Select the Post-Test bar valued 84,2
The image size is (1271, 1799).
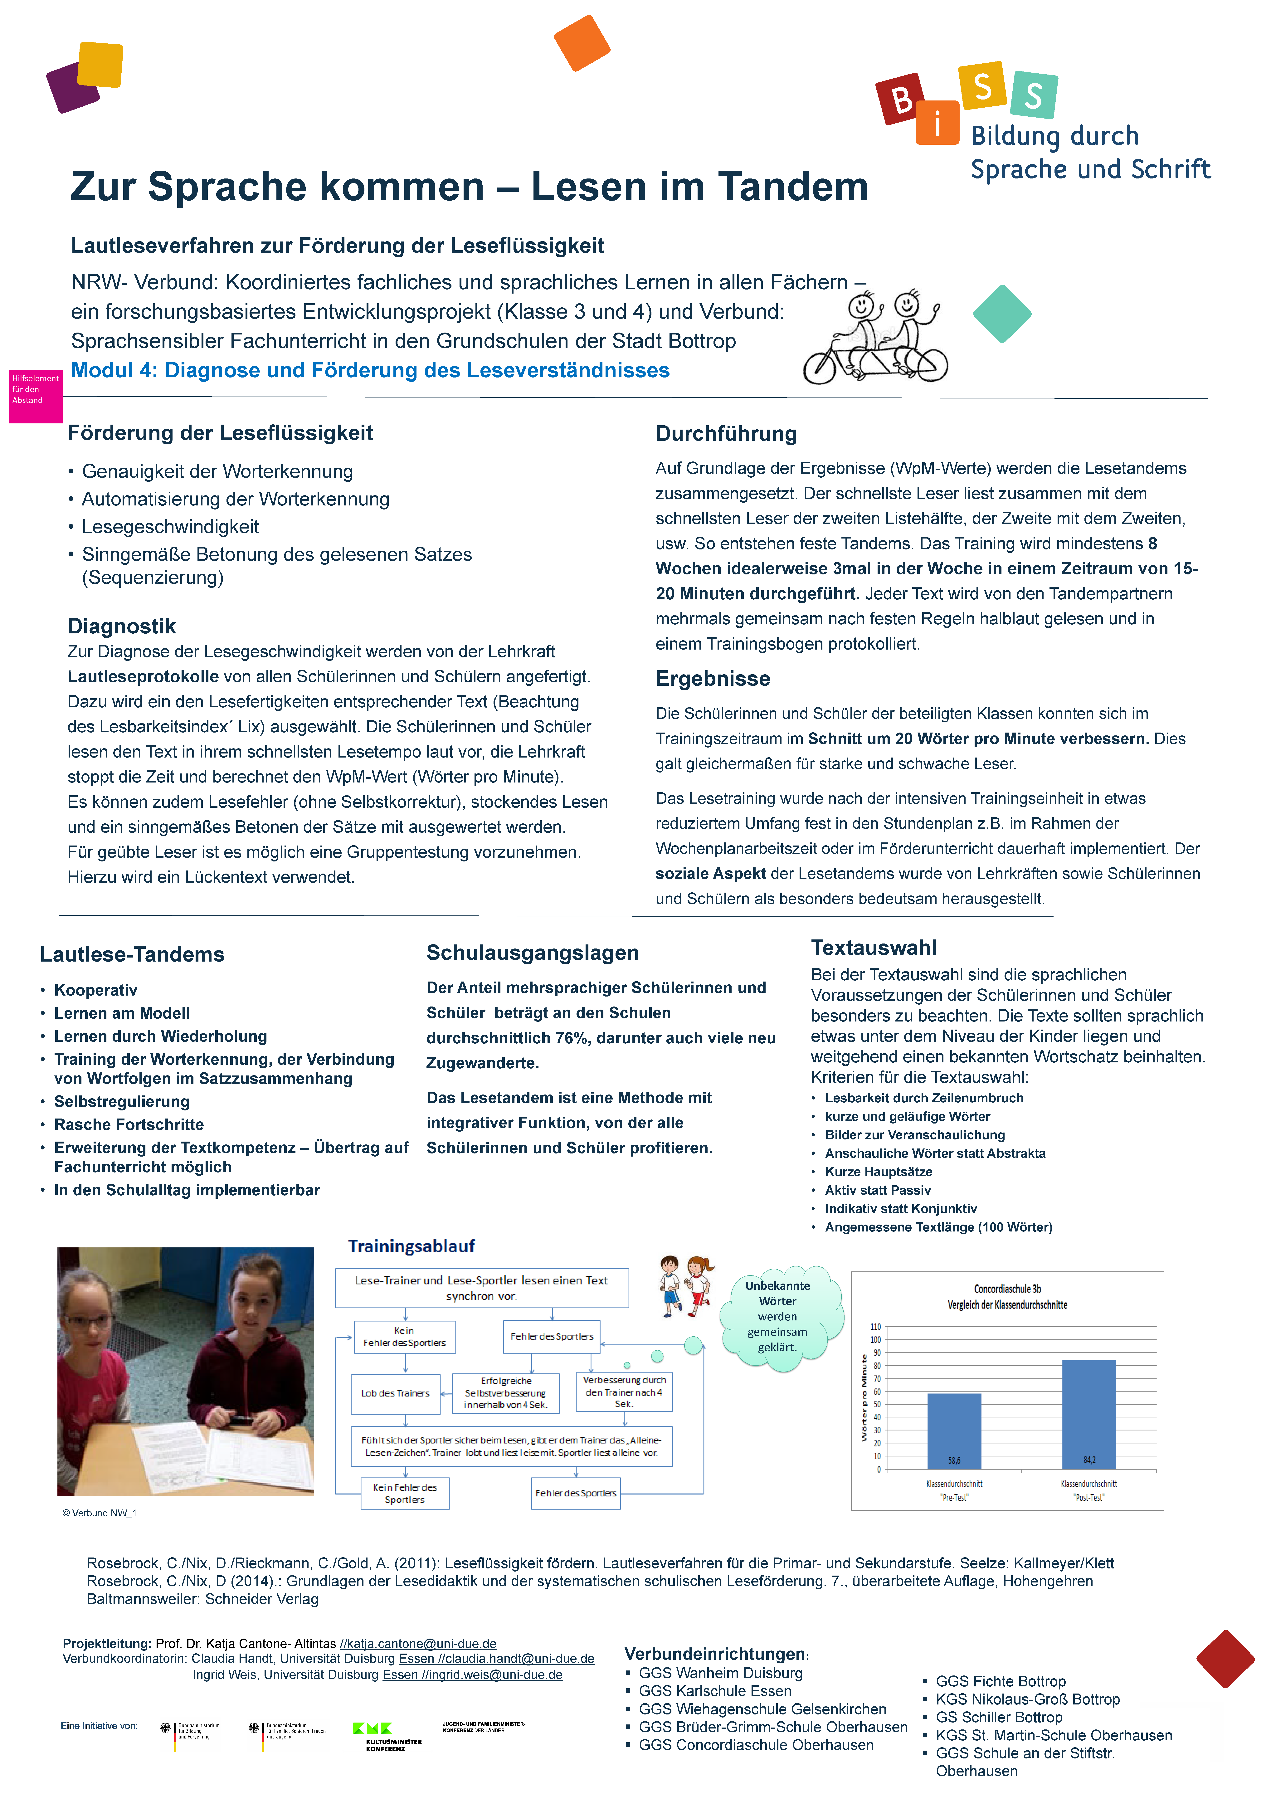point(1088,1414)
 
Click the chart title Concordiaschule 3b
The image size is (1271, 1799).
point(1007,1289)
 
